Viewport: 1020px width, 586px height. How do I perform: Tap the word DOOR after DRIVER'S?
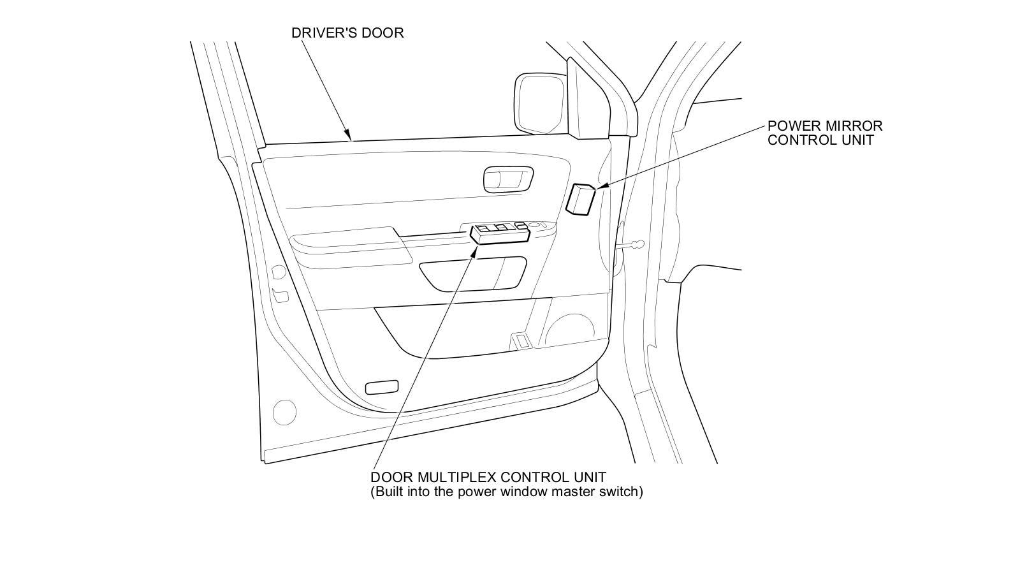click(382, 33)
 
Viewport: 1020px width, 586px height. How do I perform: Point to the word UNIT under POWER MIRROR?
click(856, 140)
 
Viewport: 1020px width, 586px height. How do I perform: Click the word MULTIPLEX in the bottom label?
click(458, 478)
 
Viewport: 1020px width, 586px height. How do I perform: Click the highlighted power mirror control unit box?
click(580, 200)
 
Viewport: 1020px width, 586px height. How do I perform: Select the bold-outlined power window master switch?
click(500, 234)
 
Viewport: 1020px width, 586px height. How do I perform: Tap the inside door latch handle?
click(507, 179)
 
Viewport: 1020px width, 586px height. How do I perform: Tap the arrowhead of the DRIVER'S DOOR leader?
click(349, 135)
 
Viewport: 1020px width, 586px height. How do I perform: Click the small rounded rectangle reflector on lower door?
click(382, 386)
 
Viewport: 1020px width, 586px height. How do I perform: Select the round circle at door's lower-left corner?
click(284, 412)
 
